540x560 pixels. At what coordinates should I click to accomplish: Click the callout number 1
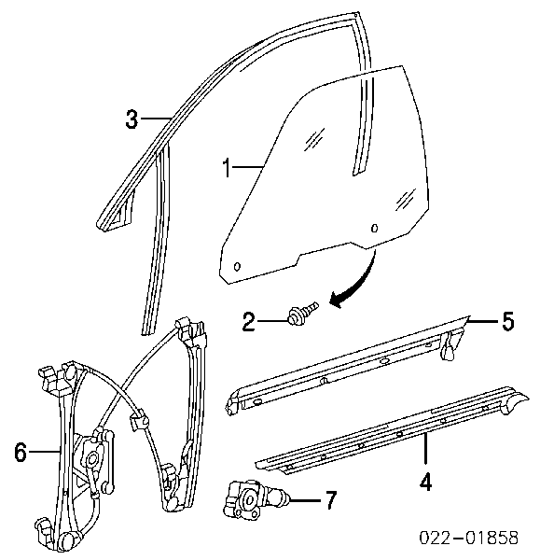pyautogui.click(x=227, y=168)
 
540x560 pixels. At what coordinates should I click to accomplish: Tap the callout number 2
pyautogui.click(x=249, y=321)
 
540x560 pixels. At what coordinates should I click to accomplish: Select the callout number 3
pyautogui.click(x=132, y=119)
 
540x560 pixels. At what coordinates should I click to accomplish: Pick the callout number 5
pyautogui.click(x=508, y=321)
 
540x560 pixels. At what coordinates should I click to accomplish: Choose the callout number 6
pyautogui.click(x=21, y=452)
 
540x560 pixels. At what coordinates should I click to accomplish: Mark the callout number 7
pyautogui.click(x=331, y=500)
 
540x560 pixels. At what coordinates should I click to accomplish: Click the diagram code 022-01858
pyautogui.click(x=468, y=538)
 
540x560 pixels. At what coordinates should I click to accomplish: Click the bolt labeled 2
pyautogui.click(x=302, y=313)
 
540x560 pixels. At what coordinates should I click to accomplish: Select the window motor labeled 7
pyautogui.click(x=254, y=498)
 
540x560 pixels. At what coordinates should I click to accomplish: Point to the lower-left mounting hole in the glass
pyautogui.click(x=237, y=266)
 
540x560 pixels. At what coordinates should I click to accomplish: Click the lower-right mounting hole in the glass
pyautogui.click(x=374, y=229)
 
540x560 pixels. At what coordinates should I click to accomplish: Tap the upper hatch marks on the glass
pyautogui.click(x=314, y=138)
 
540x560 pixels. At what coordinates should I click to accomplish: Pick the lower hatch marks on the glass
pyautogui.click(x=405, y=199)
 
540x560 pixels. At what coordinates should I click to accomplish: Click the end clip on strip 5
pyautogui.click(x=450, y=346)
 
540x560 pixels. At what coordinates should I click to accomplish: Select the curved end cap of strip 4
pyautogui.click(x=516, y=400)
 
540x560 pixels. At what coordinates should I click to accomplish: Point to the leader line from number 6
pyautogui.click(x=44, y=452)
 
